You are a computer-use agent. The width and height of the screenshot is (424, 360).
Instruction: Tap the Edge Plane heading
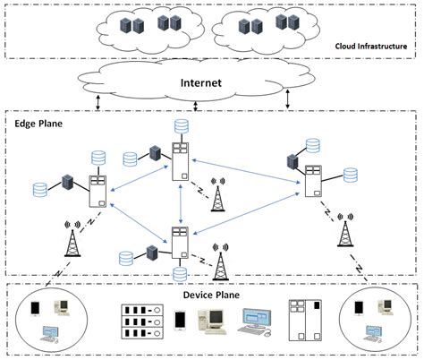38,124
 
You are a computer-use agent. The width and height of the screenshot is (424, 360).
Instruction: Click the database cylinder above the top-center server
182,126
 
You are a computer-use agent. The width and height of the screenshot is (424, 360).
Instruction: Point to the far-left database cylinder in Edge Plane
40,191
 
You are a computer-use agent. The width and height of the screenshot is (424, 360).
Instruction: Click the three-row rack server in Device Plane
144,322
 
